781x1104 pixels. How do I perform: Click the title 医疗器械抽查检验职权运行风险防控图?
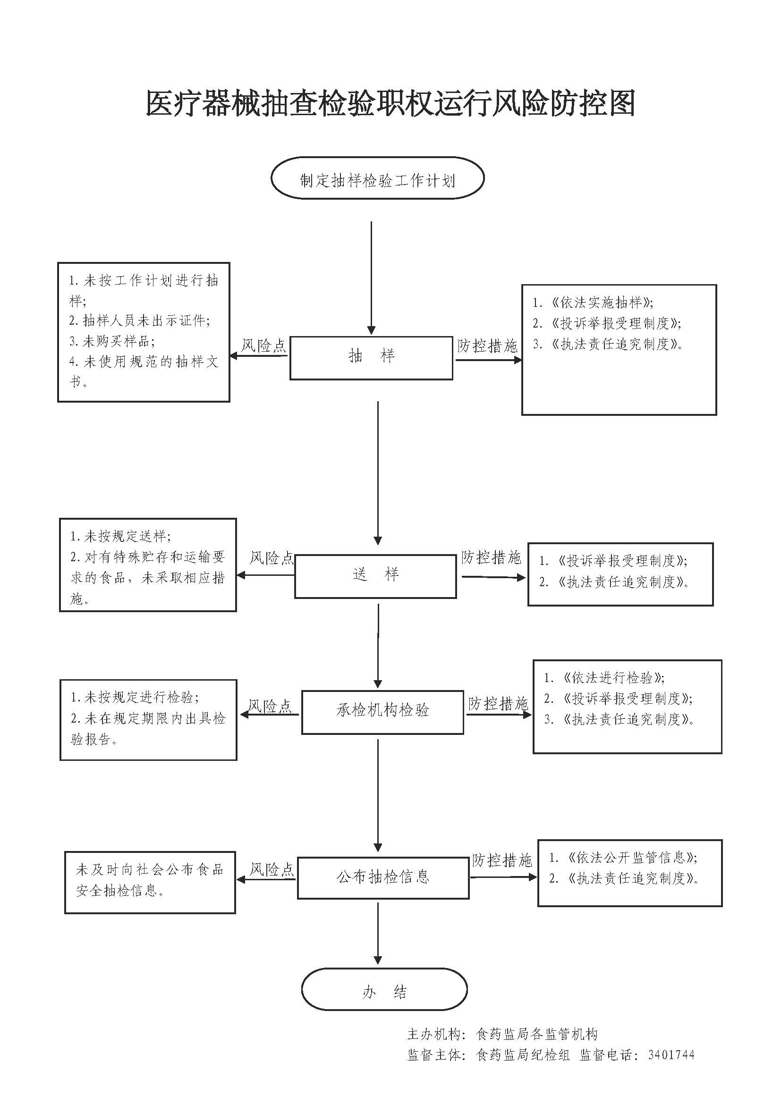coord(390,103)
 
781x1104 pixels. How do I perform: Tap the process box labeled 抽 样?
coord(371,357)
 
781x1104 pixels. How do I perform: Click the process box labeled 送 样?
coord(375,575)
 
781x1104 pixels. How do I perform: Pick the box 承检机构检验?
coord(383,712)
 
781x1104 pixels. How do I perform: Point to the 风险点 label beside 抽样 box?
coord(263,346)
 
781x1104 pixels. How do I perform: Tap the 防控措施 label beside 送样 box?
coord(491,558)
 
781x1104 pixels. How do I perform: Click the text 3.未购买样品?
coord(112,341)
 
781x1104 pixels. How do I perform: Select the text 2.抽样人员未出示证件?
coord(139,320)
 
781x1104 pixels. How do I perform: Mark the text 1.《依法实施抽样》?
coord(593,303)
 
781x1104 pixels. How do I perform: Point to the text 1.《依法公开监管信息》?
coord(623,857)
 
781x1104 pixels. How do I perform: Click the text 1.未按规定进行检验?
coord(135,697)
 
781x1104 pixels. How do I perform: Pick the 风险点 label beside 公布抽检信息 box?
coord(272,869)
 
